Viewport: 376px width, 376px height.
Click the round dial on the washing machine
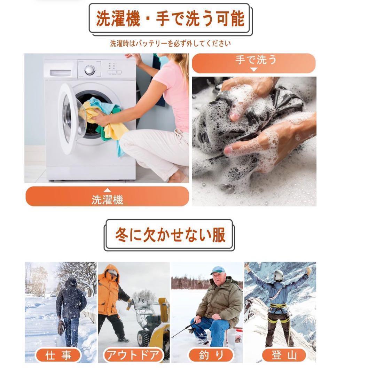[90, 70]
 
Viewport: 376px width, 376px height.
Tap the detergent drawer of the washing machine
[61, 73]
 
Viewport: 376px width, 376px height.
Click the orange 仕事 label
[58, 355]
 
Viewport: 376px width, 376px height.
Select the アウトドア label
[133, 355]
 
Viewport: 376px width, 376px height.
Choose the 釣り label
[211, 355]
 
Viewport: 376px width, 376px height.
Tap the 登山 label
[284, 355]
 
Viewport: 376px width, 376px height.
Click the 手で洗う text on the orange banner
[256, 60]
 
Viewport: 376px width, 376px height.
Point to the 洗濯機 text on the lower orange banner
[107, 199]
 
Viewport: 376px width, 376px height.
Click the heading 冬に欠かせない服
[170, 235]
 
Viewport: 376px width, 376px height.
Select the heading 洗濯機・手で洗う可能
[170, 18]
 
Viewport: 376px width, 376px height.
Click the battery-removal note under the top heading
[170, 44]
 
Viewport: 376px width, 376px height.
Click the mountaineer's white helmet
[279, 275]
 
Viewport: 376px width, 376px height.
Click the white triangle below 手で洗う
[254, 70]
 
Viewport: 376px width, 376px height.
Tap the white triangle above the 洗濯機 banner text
[107, 190]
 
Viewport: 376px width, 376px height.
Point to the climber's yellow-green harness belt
[278, 306]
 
